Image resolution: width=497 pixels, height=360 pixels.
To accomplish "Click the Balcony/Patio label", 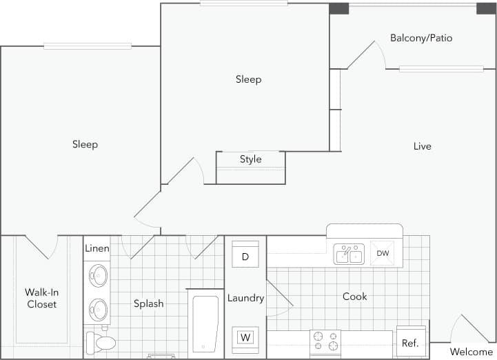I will [x=421, y=38].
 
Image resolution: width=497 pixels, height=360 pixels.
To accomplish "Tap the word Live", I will [x=422, y=146].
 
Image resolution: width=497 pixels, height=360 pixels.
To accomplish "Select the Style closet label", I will [x=250, y=159].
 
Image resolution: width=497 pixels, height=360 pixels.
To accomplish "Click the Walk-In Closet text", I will [x=41, y=298].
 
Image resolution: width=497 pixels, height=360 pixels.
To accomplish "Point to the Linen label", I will [x=97, y=248].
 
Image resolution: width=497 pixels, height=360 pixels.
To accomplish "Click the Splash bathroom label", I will [x=149, y=303].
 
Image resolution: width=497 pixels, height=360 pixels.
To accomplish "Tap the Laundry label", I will [x=245, y=298].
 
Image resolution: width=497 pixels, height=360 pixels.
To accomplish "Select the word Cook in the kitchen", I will [x=355, y=297].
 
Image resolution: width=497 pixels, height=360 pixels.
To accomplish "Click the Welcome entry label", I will [x=471, y=352].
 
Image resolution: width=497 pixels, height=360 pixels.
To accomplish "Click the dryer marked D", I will [x=245, y=257].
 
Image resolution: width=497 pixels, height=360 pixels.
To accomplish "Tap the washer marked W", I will [x=245, y=337].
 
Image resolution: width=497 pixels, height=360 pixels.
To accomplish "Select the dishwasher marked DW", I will [x=383, y=253].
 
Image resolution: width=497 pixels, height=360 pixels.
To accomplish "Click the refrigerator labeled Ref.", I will [x=410, y=343].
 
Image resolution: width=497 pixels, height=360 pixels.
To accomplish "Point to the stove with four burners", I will [x=325, y=341].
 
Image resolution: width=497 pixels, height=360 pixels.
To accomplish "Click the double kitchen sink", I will [x=349, y=254].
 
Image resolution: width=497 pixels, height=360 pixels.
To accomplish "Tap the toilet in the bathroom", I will [x=101, y=342].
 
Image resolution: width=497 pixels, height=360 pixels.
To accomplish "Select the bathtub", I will [x=205, y=324].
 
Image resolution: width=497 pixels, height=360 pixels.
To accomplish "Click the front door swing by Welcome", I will [x=467, y=329].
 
